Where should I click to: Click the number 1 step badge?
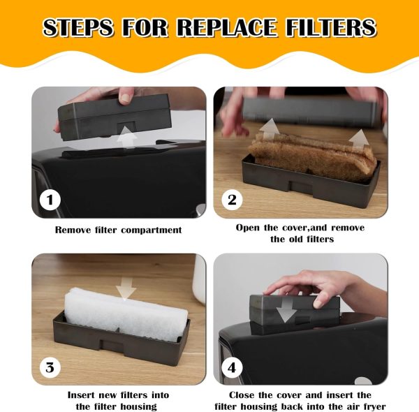(50, 200)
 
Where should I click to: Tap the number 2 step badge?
(232, 200)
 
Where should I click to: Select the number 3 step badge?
(50, 367)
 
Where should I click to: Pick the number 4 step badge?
(232, 367)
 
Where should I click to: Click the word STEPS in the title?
(78, 27)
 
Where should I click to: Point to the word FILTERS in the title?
(331, 27)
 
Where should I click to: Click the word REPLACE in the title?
(226, 27)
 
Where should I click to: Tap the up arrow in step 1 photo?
(128, 137)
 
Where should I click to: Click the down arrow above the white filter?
(126, 288)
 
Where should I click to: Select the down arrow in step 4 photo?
(286, 310)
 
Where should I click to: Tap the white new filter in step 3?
(126, 314)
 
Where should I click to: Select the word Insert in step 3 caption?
(81, 395)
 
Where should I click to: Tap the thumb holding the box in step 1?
(126, 96)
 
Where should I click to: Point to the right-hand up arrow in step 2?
(359, 140)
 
